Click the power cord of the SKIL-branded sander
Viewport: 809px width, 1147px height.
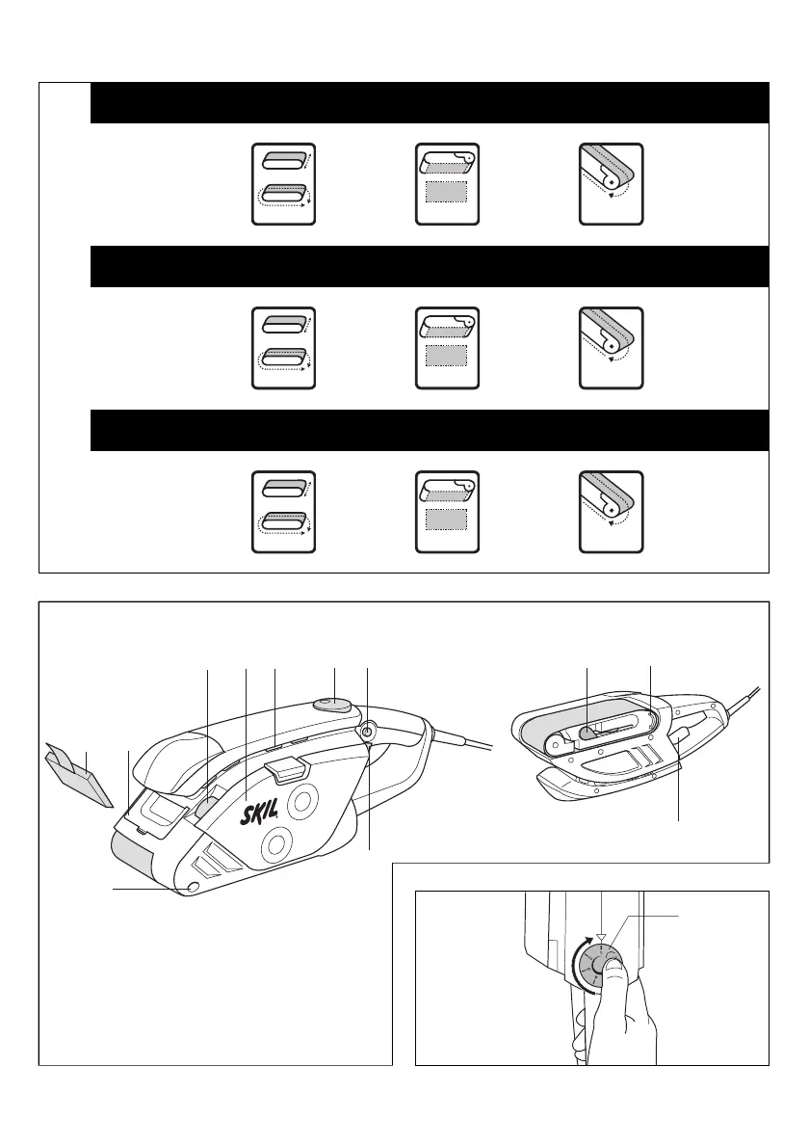[x=462, y=741]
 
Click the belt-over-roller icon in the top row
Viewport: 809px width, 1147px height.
[x=612, y=184]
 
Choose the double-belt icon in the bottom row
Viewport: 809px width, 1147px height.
[x=282, y=512]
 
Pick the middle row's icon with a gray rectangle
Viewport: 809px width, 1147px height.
[x=446, y=348]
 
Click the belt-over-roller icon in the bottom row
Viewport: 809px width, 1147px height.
[x=612, y=512]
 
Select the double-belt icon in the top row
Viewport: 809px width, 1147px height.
[x=282, y=184]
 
